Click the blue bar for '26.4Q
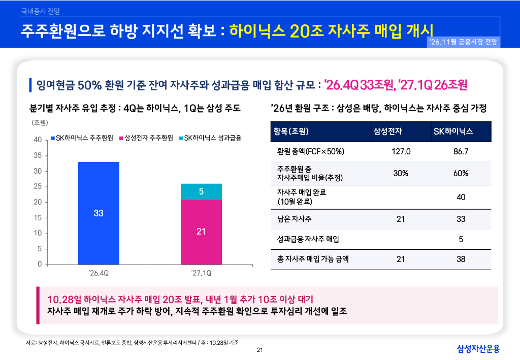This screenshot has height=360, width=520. [99, 213]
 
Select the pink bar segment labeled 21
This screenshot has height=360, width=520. [201, 232]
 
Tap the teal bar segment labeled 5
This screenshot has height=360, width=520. [201, 191]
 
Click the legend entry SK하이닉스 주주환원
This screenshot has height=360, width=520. [82, 138]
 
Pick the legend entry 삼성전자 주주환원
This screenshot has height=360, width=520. [146, 138]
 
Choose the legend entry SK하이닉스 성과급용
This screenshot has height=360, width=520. [210, 138]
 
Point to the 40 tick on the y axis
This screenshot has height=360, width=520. [38, 140]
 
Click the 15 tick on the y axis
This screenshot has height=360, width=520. [38, 218]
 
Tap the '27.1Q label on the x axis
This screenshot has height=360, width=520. [201, 273]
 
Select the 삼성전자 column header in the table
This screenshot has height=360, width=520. [387, 132]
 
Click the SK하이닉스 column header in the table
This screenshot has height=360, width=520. [453, 132]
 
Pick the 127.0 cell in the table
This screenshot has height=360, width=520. [401, 151]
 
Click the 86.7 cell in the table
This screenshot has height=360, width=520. [461, 151]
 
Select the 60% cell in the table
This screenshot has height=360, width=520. [461, 173]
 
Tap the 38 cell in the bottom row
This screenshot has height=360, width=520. [461, 259]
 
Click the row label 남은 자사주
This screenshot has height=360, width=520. [294, 219]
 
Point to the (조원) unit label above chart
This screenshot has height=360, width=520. [40, 123]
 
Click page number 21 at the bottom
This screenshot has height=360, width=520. [259, 350]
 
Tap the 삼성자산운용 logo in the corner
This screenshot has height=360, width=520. [478, 348]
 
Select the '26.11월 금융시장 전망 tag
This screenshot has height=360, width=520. [463, 42]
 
